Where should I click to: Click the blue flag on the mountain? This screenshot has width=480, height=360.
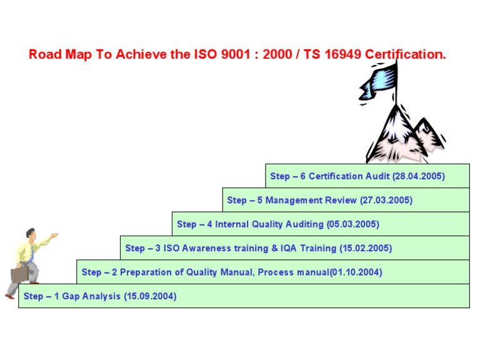(x=379, y=82)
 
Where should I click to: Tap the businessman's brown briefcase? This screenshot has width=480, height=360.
(x=20, y=274)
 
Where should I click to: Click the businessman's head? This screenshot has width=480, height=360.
(x=31, y=234)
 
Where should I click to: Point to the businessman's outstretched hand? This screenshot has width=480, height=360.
(x=54, y=236)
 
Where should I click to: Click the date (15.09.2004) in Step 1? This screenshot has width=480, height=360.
(x=150, y=296)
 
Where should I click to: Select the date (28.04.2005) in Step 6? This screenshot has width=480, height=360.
(x=419, y=176)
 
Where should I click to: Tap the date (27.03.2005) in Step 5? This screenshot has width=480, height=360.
(x=386, y=200)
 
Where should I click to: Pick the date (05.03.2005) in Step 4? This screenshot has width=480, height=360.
(x=353, y=224)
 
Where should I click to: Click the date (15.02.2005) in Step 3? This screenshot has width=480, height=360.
(x=366, y=248)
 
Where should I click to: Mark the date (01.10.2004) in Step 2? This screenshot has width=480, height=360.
(x=356, y=272)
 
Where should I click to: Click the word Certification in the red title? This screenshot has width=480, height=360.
(x=406, y=54)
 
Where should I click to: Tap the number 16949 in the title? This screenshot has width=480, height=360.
(x=343, y=54)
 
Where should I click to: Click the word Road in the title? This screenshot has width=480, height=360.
(x=45, y=54)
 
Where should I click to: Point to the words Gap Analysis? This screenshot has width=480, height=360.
(x=91, y=296)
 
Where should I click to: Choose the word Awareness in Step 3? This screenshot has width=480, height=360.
(x=206, y=248)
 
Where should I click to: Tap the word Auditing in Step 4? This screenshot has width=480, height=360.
(x=304, y=224)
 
